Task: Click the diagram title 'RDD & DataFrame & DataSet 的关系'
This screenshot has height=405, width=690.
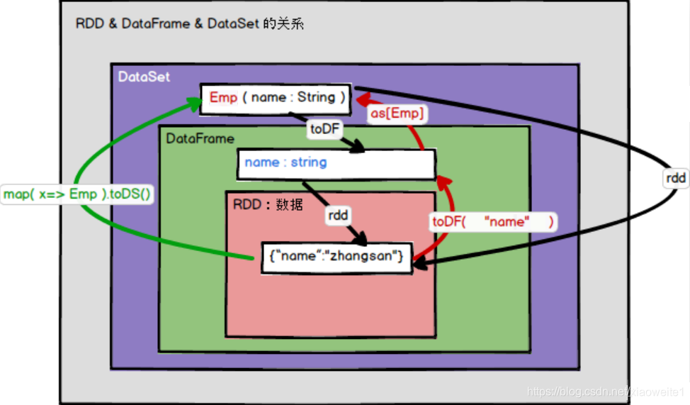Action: [x=190, y=24]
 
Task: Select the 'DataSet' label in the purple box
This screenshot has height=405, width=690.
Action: [x=144, y=77]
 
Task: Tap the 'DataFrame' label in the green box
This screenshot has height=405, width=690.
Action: [x=200, y=138]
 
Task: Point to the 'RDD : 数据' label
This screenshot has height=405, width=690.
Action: [x=268, y=204]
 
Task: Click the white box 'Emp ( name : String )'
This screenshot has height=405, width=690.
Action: [x=276, y=99]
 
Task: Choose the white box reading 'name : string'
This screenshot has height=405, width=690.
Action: [x=336, y=163]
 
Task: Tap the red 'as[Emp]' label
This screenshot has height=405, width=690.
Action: [x=397, y=113]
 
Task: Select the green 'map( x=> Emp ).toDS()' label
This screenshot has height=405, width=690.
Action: [x=78, y=194]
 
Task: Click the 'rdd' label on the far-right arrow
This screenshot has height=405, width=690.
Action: [x=675, y=178]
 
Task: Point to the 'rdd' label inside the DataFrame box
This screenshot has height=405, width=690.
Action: [x=339, y=215]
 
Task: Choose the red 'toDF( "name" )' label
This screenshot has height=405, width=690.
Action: [x=494, y=222]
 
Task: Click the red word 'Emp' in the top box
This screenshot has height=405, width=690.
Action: [x=223, y=98]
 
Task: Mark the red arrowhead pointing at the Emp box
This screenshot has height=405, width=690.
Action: [x=361, y=98]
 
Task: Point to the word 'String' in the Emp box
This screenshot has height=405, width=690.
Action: [x=316, y=98]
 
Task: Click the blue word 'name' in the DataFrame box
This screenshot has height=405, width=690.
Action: [x=261, y=162]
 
